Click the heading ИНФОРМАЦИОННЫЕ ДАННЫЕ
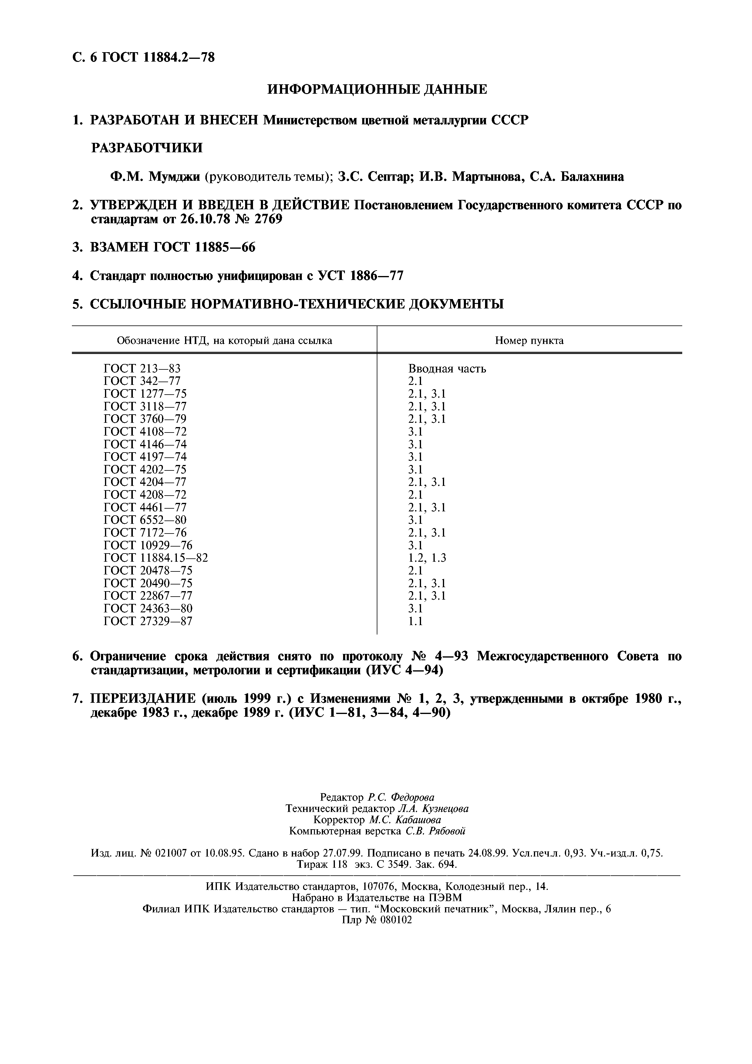(377, 89)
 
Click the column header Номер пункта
(529, 341)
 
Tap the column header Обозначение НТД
(224, 341)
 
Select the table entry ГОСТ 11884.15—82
(156, 557)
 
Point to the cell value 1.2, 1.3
(427, 557)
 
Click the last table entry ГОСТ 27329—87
(147, 621)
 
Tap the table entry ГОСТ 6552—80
(145, 520)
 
